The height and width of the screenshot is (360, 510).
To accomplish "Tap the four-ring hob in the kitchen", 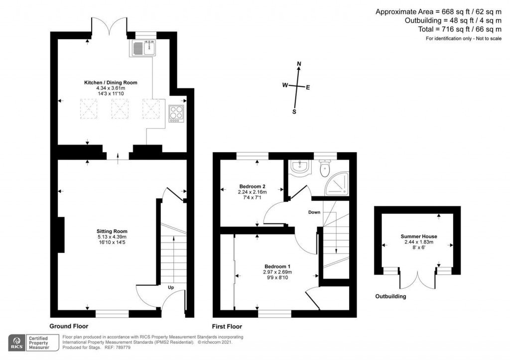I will click(x=176, y=114).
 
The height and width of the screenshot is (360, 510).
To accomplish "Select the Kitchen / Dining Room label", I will click(x=110, y=83).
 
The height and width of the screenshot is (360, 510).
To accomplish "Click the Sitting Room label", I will click(x=112, y=231).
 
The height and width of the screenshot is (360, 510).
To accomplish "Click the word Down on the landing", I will click(x=314, y=212).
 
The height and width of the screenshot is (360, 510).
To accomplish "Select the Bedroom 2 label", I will click(x=252, y=186).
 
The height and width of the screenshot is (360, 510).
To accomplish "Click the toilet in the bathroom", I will click(x=325, y=169).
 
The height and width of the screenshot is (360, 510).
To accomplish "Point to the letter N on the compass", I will click(x=299, y=64).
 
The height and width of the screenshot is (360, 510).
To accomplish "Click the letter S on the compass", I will click(x=294, y=112).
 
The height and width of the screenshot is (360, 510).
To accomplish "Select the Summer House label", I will click(x=419, y=237).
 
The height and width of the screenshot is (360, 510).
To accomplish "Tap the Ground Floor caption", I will click(x=69, y=327).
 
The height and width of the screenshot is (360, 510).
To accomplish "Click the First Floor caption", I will click(x=227, y=327).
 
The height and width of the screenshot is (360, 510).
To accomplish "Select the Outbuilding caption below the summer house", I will click(x=390, y=296).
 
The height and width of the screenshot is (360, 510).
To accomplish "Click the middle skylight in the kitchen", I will click(x=120, y=108).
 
